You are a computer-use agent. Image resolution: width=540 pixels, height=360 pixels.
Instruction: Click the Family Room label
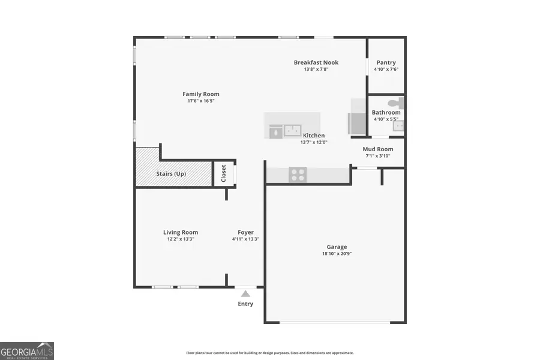(x=201, y=94)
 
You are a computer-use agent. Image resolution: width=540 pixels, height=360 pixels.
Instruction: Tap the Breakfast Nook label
(x=316, y=62)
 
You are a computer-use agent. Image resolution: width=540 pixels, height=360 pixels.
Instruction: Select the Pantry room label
(x=386, y=62)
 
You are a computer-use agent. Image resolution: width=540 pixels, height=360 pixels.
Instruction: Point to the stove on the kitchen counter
(x=298, y=175)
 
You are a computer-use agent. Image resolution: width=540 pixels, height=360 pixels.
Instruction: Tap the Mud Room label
(x=378, y=149)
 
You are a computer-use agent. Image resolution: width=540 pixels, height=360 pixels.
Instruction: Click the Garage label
(x=337, y=247)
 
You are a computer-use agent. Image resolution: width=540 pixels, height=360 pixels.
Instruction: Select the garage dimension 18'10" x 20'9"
(x=337, y=254)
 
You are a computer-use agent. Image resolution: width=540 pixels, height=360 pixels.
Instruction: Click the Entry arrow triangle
(x=245, y=293)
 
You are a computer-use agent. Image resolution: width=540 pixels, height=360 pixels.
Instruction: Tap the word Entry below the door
(x=245, y=304)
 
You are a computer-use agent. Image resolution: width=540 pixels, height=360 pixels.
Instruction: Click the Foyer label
(x=245, y=232)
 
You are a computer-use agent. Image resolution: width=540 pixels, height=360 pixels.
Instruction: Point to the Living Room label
(x=181, y=232)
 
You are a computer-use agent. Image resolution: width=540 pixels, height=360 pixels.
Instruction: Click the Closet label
(x=224, y=173)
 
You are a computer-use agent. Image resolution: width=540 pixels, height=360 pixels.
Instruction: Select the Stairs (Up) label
(x=172, y=173)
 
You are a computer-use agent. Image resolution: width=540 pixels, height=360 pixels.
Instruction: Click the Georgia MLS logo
(x=27, y=350)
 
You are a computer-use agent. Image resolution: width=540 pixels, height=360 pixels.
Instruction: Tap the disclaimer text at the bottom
(x=270, y=353)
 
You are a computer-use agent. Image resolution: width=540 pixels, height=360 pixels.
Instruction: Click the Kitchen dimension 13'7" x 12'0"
(x=314, y=142)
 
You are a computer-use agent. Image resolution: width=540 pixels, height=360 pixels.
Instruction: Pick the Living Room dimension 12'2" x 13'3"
(x=181, y=239)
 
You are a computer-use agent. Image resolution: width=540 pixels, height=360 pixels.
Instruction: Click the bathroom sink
(x=401, y=126)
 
